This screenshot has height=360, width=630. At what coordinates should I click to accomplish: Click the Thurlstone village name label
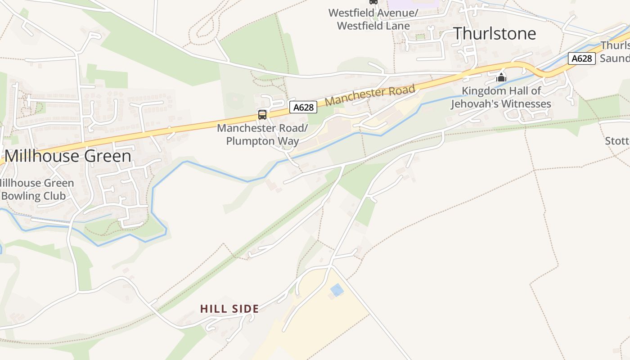pyautogui.click(x=495, y=34)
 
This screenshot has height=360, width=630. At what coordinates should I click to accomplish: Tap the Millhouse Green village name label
pyautogui.click(x=68, y=156)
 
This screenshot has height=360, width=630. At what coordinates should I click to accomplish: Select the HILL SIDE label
pyautogui.click(x=229, y=309)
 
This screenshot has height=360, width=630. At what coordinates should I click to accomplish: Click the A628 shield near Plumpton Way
pyautogui.click(x=303, y=107)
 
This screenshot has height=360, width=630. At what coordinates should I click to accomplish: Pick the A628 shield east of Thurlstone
pyautogui.click(x=581, y=58)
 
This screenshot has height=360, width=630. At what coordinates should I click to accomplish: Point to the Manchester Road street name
pyautogui.click(x=369, y=95)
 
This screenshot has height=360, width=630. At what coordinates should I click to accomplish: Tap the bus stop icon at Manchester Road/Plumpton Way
pyautogui.click(x=262, y=114)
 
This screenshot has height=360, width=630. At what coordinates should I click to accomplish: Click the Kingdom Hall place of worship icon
pyautogui.click(x=501, y=77)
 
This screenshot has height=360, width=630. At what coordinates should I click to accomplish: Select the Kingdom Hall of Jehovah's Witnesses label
pyautogui.click(x=501, y=97)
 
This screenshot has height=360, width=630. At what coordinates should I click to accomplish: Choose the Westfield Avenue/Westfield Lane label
pyautogui.click(x=373, y=19)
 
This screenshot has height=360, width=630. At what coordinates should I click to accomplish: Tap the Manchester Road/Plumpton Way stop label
pyautogui.click(x=262, y=135)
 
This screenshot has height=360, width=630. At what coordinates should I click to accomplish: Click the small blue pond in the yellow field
pyautogui.click(x=337, y=290)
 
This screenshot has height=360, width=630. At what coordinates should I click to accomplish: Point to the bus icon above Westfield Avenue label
pyautogui.click(x=373, y=2)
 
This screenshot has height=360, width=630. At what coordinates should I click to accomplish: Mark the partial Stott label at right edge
pyautogui.click(x=617, y=141)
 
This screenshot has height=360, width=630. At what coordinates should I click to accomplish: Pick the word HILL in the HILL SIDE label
pyautogui.click(x=213, y=309)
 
